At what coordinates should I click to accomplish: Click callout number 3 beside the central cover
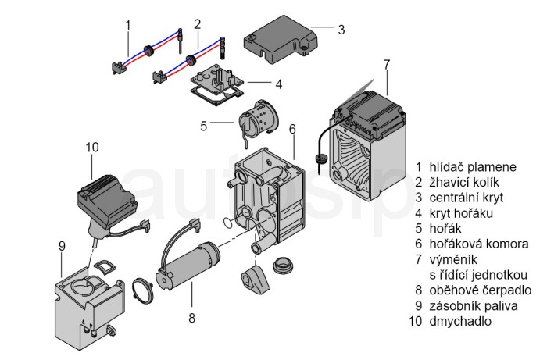[x=341, y=30]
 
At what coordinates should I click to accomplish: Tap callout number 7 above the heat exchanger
[x=386, y=62]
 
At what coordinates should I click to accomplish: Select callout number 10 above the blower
[x=92, y=146]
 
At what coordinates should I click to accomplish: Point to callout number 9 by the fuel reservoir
[x=61, y=245]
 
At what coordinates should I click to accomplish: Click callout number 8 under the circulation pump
[x=191, y=318]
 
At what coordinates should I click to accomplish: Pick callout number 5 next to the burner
[x=203, y=125]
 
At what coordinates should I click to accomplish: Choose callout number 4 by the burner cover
[x=278, y=83]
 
